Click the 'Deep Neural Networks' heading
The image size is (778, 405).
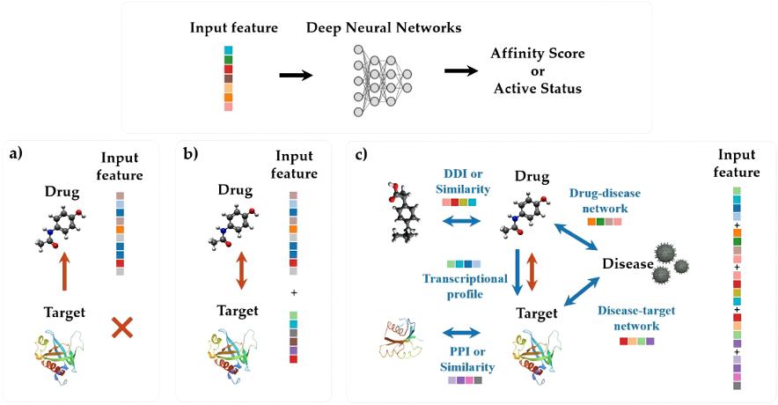[x=383, y=28]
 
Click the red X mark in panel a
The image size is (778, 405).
[x=122, y=328]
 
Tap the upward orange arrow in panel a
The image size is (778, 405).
[x=62, y=270]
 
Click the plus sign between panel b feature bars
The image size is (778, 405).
[x=293, y=291]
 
